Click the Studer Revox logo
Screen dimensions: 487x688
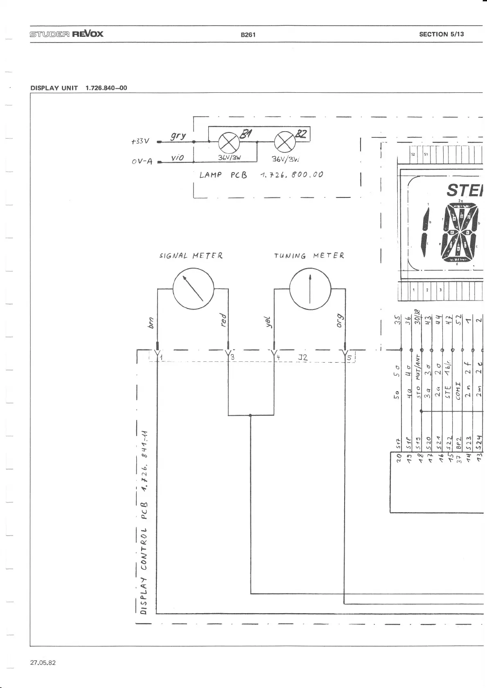click(x=66, y=34)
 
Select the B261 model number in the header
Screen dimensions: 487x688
click(x=248, y=35)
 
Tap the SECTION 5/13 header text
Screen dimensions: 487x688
click(x=442, y=34)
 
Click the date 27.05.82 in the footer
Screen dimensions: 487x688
click(x=43, y=663)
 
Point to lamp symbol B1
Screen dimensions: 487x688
click(x=229, y=142)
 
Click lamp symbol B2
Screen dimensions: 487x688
click(x=284, y=142)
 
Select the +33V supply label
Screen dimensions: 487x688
click(x=140, y=141)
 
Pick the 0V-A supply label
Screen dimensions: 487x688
click(x=142, y=161)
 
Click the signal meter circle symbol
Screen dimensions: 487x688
click(x=194, y=289)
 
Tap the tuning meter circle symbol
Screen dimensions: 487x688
click(x=310, y=289)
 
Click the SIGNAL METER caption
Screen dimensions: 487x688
click(x=191, y=256)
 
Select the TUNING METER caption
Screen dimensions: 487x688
click(x=309, y=256)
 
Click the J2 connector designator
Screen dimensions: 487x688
click(x=302, y=357)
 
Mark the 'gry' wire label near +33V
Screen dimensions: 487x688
click(x=178, y=136)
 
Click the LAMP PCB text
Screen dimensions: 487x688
click(x=223, y=175)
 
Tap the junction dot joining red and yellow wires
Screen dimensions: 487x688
click(x=250, y=415)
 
